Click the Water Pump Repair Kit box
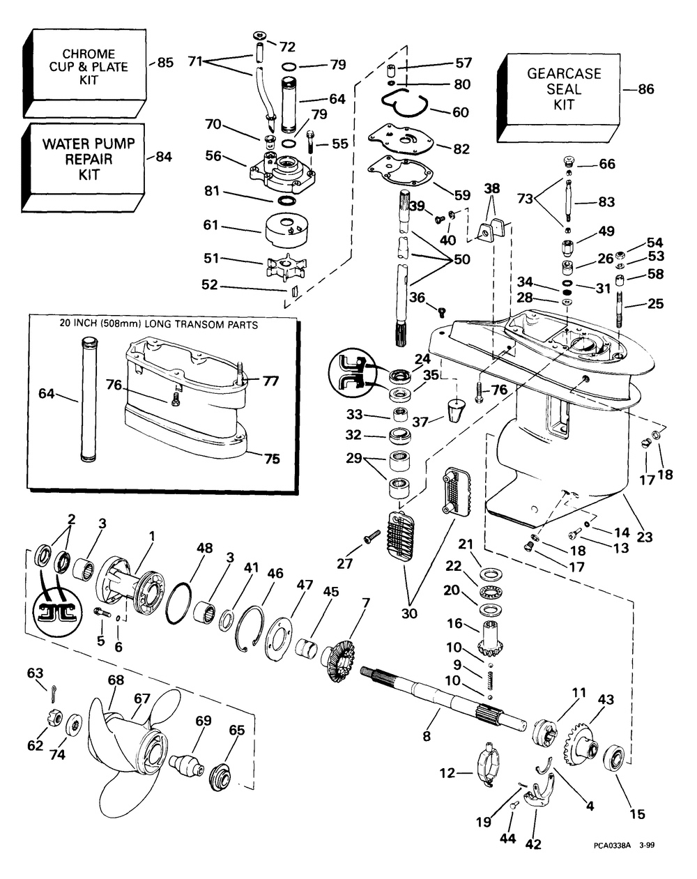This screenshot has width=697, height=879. click(x=84, y=167)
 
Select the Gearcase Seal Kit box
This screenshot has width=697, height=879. click(x=559, y=98)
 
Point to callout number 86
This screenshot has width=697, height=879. click(x=646, y=89)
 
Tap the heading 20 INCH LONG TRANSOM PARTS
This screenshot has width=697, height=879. click(x=159, y=325)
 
